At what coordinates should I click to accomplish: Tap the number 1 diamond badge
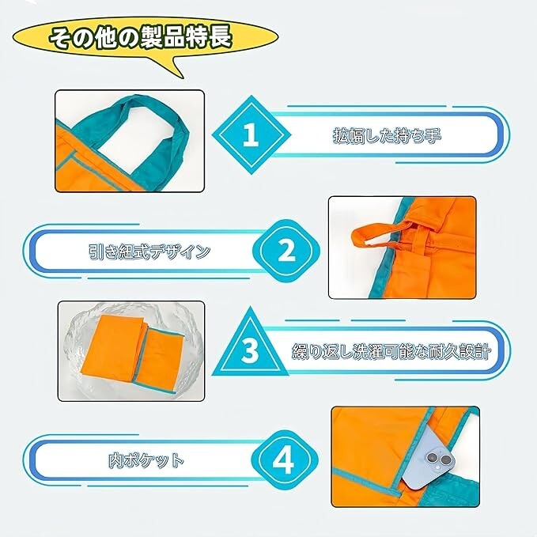pyautogui.click(x=250, y=136)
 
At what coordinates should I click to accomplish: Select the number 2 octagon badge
pyautogui.click(x=286, y=252)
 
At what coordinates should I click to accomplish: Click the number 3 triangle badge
pyautogui.click(x=250, y=349)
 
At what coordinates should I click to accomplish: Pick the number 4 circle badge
pyautogui.click(x=286, y=459)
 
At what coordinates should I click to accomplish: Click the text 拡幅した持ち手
pyautogui.click(x=386, y=136)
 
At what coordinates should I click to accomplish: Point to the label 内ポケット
pyautogui.click(x=146, y=459)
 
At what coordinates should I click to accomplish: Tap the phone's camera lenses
pyautogui.click(x=437, y=459)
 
